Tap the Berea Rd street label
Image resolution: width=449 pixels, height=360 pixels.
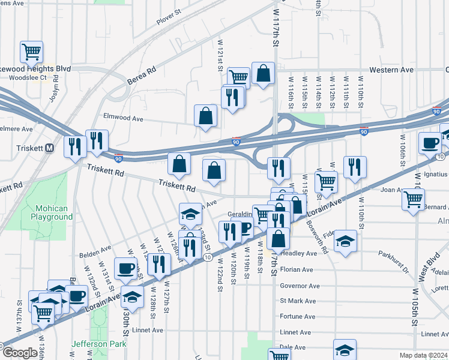coord(142,76)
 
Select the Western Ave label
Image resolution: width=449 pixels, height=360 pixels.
coord(391,70)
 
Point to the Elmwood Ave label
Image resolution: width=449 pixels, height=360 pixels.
coord(123,119)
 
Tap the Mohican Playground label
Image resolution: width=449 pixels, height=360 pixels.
coord(52,212)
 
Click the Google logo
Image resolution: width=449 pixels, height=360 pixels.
coord(20,352)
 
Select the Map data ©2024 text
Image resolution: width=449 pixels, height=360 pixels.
coord(424,355)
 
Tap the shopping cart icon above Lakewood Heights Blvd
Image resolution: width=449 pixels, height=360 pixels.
coord(31,52)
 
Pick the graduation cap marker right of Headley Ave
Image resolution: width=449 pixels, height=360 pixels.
coord(345,241)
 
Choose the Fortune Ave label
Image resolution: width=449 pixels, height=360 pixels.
coord(297,317)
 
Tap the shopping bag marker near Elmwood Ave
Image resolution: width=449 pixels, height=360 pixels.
coord(206,116)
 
